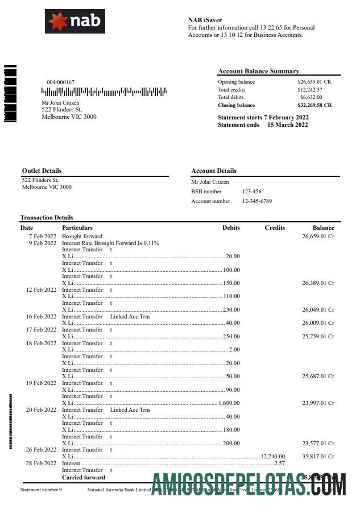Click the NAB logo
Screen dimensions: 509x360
[x=75, y=22]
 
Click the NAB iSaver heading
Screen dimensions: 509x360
[x=205, y=20]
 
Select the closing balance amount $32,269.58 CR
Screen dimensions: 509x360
[x=315, y=105]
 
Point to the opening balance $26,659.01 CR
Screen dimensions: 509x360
[x=315, y=82]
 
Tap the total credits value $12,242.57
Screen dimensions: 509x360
[x=310, y=90]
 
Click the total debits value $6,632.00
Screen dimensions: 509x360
[x=311, y=97]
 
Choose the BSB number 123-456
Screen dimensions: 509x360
[x=252, y=192]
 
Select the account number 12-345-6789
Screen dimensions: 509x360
[x=257, y=201]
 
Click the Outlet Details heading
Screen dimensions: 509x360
[x=42, y=171]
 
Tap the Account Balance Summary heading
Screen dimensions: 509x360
[x=258, y=71]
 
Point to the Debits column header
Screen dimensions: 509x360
[x=231, y=227]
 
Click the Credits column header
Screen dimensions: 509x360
[x=275, y=227]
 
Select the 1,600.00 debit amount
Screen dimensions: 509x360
[x=229, y=403]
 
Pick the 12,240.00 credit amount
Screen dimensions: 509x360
[x=273, y=457]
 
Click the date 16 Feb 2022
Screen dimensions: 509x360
[x=42, y=316]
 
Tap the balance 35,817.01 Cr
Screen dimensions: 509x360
[x=318, y=457]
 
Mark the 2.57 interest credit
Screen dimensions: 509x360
[x=279, y=464]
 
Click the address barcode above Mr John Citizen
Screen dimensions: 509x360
[x=105, y=92]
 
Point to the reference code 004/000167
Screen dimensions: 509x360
[x=60, y=82]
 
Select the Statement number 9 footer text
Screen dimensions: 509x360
[x=41, y=490]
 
